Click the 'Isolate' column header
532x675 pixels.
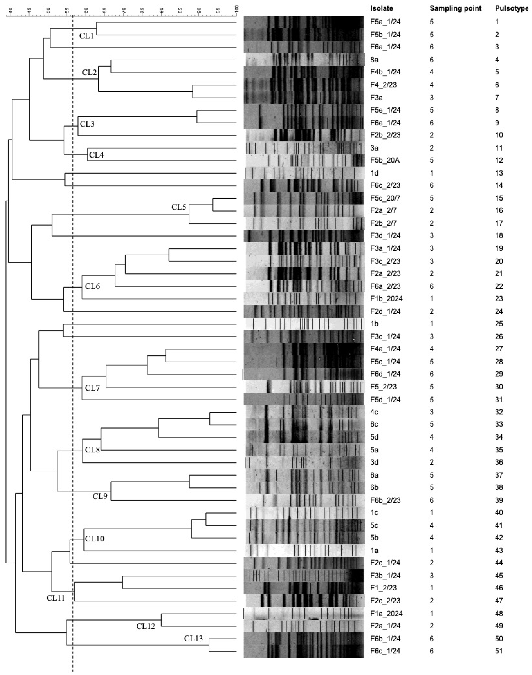click(x=382, y=8)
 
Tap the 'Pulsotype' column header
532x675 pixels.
click(x=511, y=8)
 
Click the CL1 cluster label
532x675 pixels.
click(x=86, y=36)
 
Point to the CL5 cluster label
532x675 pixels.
click(x=179, y=207)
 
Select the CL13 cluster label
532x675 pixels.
click(x=193, y=639)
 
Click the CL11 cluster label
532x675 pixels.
click(x=55, y=598)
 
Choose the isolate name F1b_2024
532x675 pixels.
click(x=386, y=299)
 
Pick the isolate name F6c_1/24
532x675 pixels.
click(x=385, y=651)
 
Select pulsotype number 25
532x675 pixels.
click(x=499, y=324)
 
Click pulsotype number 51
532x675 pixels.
click(x=499, y=651)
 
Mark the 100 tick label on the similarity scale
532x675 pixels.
click(x=237, y=9)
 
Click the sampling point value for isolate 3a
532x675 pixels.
click(x=431, y=148)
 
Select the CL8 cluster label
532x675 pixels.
click(x=92, y=450)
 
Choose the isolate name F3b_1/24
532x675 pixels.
click(x=385, y=576)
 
